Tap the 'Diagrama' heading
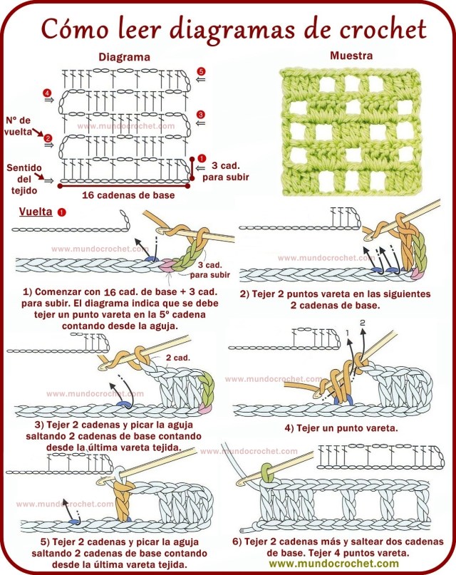(x=124, y=56)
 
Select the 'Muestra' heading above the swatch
(x=351, y=56)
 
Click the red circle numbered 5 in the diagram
(x=201, y=71)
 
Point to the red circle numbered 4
(x=46, y=93)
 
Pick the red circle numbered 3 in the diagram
(x=201, y=114)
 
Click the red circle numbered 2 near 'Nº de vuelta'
(x=48, y=138)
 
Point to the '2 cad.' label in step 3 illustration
(x=177, y=358)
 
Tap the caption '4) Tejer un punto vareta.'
(x=341, y=428)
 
